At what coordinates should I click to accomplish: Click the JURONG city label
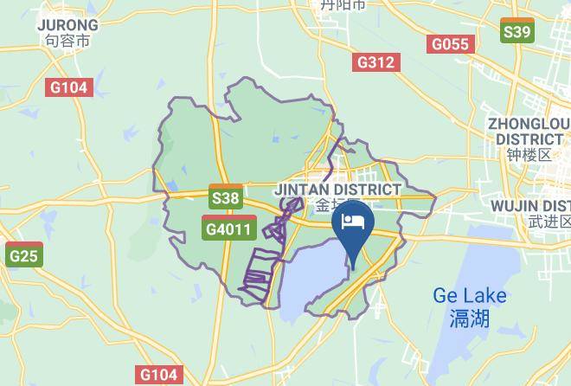[67, 25]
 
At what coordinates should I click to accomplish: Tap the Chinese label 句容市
[67, 41]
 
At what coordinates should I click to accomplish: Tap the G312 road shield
[375, 62]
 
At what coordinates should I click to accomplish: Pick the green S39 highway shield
[516, 32]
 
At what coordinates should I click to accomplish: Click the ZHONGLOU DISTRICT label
[529, 131]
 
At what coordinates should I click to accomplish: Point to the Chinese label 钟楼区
[529, 156]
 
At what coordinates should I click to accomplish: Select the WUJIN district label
[529, 205]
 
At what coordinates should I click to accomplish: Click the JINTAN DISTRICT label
[337, 189]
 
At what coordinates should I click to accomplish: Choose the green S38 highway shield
[226, 198]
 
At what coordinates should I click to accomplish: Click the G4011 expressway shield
[228, 229]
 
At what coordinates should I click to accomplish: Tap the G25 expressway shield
[23, 255]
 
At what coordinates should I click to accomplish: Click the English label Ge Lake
[470, 296]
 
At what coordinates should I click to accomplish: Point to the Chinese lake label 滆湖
[470, 318]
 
